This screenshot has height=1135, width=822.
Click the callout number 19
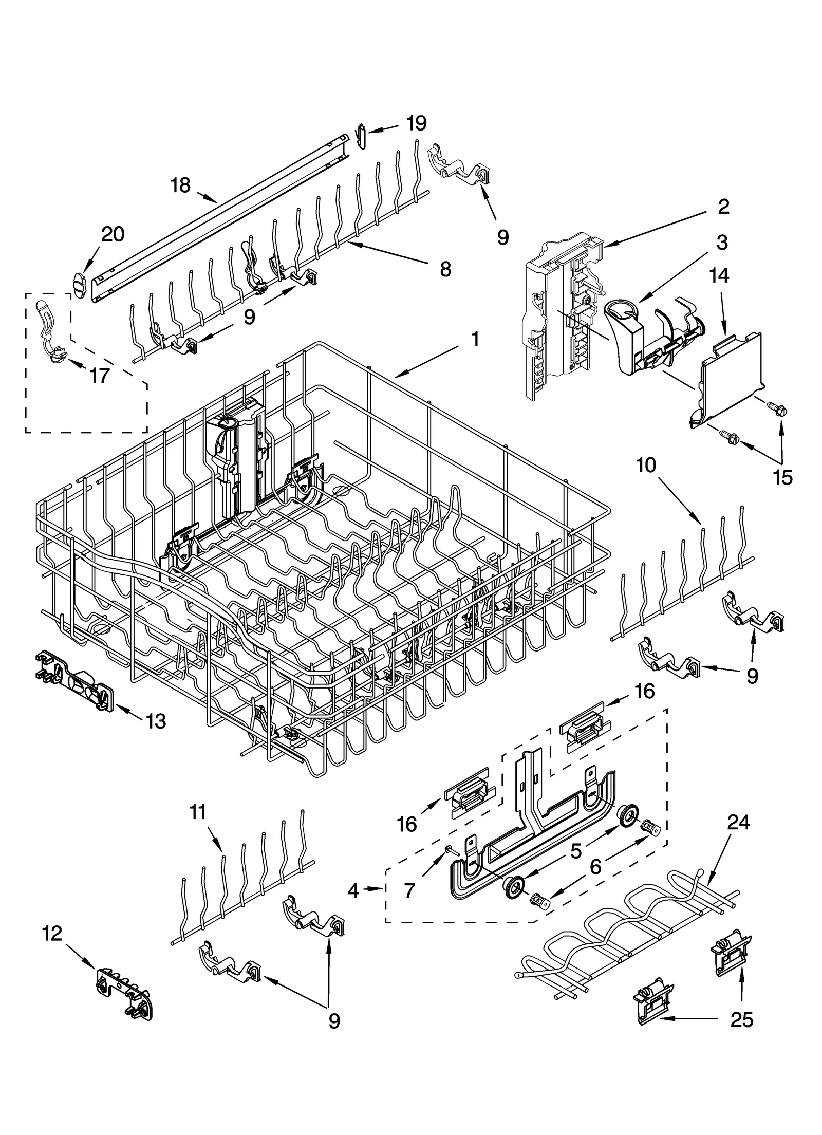coord(416,123)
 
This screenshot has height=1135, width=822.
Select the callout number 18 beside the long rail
coord(180,185)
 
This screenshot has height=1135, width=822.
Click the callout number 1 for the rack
coord(475,339)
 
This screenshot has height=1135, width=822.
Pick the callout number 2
coord(723,207)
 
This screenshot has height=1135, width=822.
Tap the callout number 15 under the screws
coord(783,477)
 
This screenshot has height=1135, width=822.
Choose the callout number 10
coord(646,465)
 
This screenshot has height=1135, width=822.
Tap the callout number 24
coord(738,822)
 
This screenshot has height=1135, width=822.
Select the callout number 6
coord(595,868)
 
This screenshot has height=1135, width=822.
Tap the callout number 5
coord(576,851)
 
